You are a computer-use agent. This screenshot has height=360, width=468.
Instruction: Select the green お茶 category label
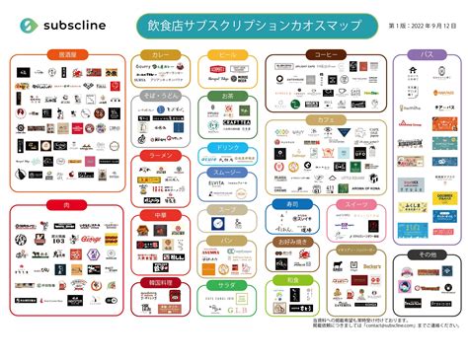click(226, 96)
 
